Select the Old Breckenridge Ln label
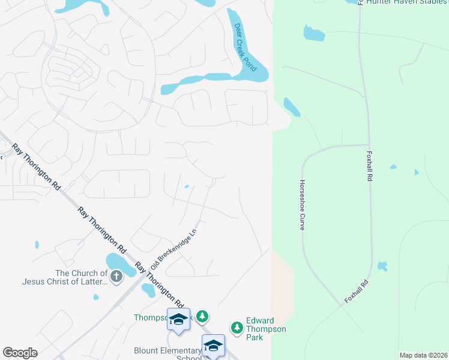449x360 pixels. (x=174, y=247)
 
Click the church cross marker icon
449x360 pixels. (x=116, y=277)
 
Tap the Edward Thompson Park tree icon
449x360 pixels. (x=237, y=328)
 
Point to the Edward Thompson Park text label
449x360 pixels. (x=266, y=329)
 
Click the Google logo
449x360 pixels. (x=20, y=353)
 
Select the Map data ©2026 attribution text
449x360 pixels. (x=424, y=355)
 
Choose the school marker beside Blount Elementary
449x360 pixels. (x=213, y=346)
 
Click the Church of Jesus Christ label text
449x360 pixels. (x=81, y=277)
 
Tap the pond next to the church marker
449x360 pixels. (x=118, y=263)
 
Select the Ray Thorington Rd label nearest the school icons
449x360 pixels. (x=158, y=284)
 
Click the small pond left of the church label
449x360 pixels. (x=37, y=245)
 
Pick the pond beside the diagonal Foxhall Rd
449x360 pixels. (x=382, y=266)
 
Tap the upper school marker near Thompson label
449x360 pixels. (x=178, y=319)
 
